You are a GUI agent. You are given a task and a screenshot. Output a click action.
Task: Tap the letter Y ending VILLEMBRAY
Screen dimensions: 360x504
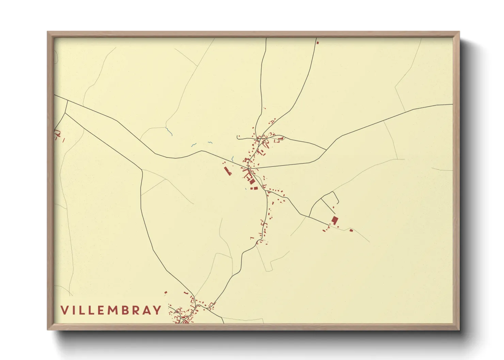tap(157, 310)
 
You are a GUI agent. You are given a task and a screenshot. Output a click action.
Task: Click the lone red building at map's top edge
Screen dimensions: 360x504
tap(318, 43)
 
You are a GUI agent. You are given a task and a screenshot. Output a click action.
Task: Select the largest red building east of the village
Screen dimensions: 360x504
tap(335, 220)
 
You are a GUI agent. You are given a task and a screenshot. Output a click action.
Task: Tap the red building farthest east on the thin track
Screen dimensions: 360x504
tap(351, 230)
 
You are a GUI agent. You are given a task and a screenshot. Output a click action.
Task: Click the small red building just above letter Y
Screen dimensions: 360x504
tap(166, 292)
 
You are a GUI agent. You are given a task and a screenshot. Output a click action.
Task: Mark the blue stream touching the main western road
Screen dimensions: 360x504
tap(232, 159)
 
